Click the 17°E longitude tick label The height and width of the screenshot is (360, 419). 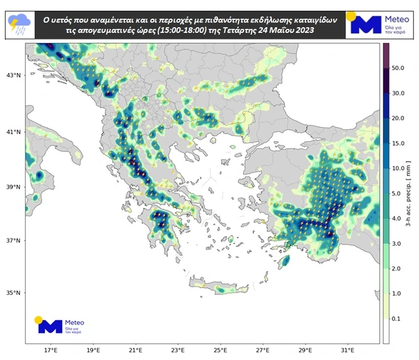[50, 350]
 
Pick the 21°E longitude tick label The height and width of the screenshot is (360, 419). [135, 350]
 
